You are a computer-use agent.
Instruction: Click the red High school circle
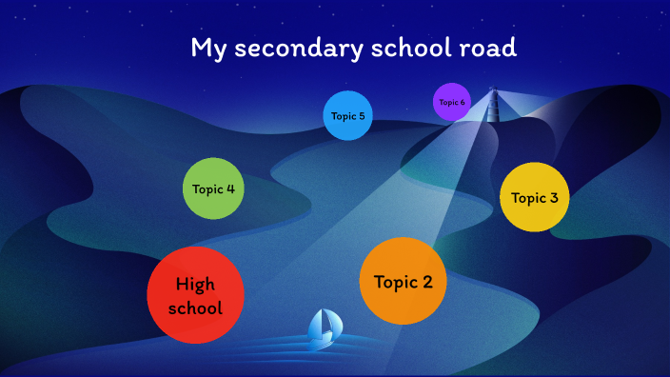(195, 295)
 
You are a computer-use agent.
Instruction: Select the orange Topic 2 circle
(404, 281)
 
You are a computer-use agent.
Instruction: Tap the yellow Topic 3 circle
(535, 197)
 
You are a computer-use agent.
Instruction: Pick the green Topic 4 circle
(214, 188)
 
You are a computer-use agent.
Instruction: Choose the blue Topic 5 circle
(347, 116)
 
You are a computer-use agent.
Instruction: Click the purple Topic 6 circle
(452, 102)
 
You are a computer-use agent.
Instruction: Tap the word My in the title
(207, 49)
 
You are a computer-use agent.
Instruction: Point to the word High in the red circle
(195, 284)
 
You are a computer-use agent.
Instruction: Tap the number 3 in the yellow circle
(554, 198)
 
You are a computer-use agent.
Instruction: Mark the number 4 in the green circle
(230, 188)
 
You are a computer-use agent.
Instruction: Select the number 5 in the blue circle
(362, 116)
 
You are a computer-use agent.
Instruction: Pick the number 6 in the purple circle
(463, 102)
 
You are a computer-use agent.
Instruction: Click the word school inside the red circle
(195, 308)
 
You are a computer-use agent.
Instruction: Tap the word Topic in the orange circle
(395, 282)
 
